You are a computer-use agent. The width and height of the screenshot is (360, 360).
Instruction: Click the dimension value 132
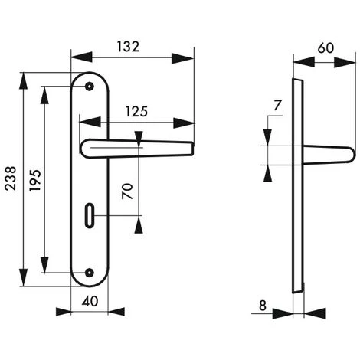(x=129, y=46)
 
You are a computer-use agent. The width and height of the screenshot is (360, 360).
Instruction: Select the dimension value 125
(x=137, y=111)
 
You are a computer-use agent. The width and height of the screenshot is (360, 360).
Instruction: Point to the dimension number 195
(x=33, y=180)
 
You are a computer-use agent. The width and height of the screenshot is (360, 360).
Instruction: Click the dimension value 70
(x=129, y=190)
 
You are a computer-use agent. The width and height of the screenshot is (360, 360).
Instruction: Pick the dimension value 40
(x=90, y=302)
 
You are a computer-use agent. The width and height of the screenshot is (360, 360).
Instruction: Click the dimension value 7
(x=277, y=105)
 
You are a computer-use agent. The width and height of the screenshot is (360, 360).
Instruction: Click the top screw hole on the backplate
(x=90, y=87)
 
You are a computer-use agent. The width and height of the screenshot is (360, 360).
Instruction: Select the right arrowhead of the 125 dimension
(x=188, y=123)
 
